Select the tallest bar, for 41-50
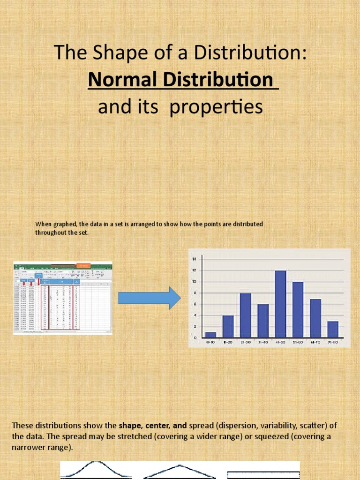(x=280, y=304)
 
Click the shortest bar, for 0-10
(x=210, y=335)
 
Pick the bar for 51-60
(x=298, y=309)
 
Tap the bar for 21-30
(x=246, y=315)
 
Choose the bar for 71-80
(x=332, y=329)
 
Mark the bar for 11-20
(x=228, y=326)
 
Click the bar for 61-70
(x=315, y=318)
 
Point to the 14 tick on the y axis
(x=194, y=259)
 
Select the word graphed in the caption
(x=64, y=224)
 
